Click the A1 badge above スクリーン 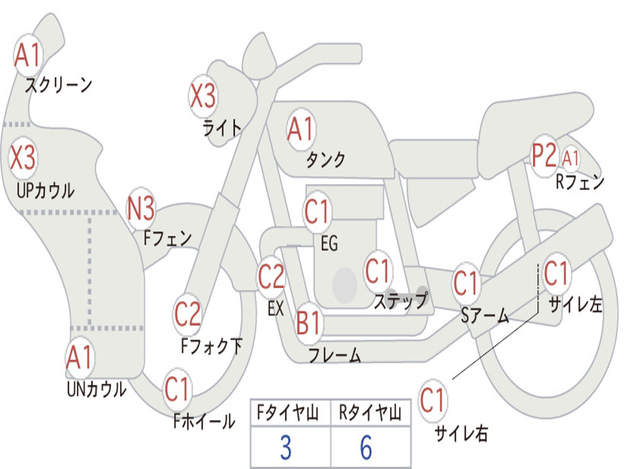[x=27, y=56]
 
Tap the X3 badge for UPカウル [x=23, y=158]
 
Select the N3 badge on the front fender [x=141, y=209]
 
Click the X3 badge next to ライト [x=203, y=96]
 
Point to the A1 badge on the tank [x=300, y=129]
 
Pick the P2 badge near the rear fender [x=544, y=156]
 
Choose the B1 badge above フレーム [x=308, y=323]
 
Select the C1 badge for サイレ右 [x=432, y=401]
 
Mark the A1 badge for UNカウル [x=79, y=357]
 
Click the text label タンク [x=325, y=160]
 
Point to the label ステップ [x=400, y=301]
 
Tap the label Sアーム [x=485, y=315]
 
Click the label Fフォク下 [x=211, y=346]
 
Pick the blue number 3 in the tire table [x=286, y=448]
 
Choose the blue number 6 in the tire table [x=366, y=448]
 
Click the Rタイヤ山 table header [x=370, y=414]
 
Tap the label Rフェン [x=579, y=182]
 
